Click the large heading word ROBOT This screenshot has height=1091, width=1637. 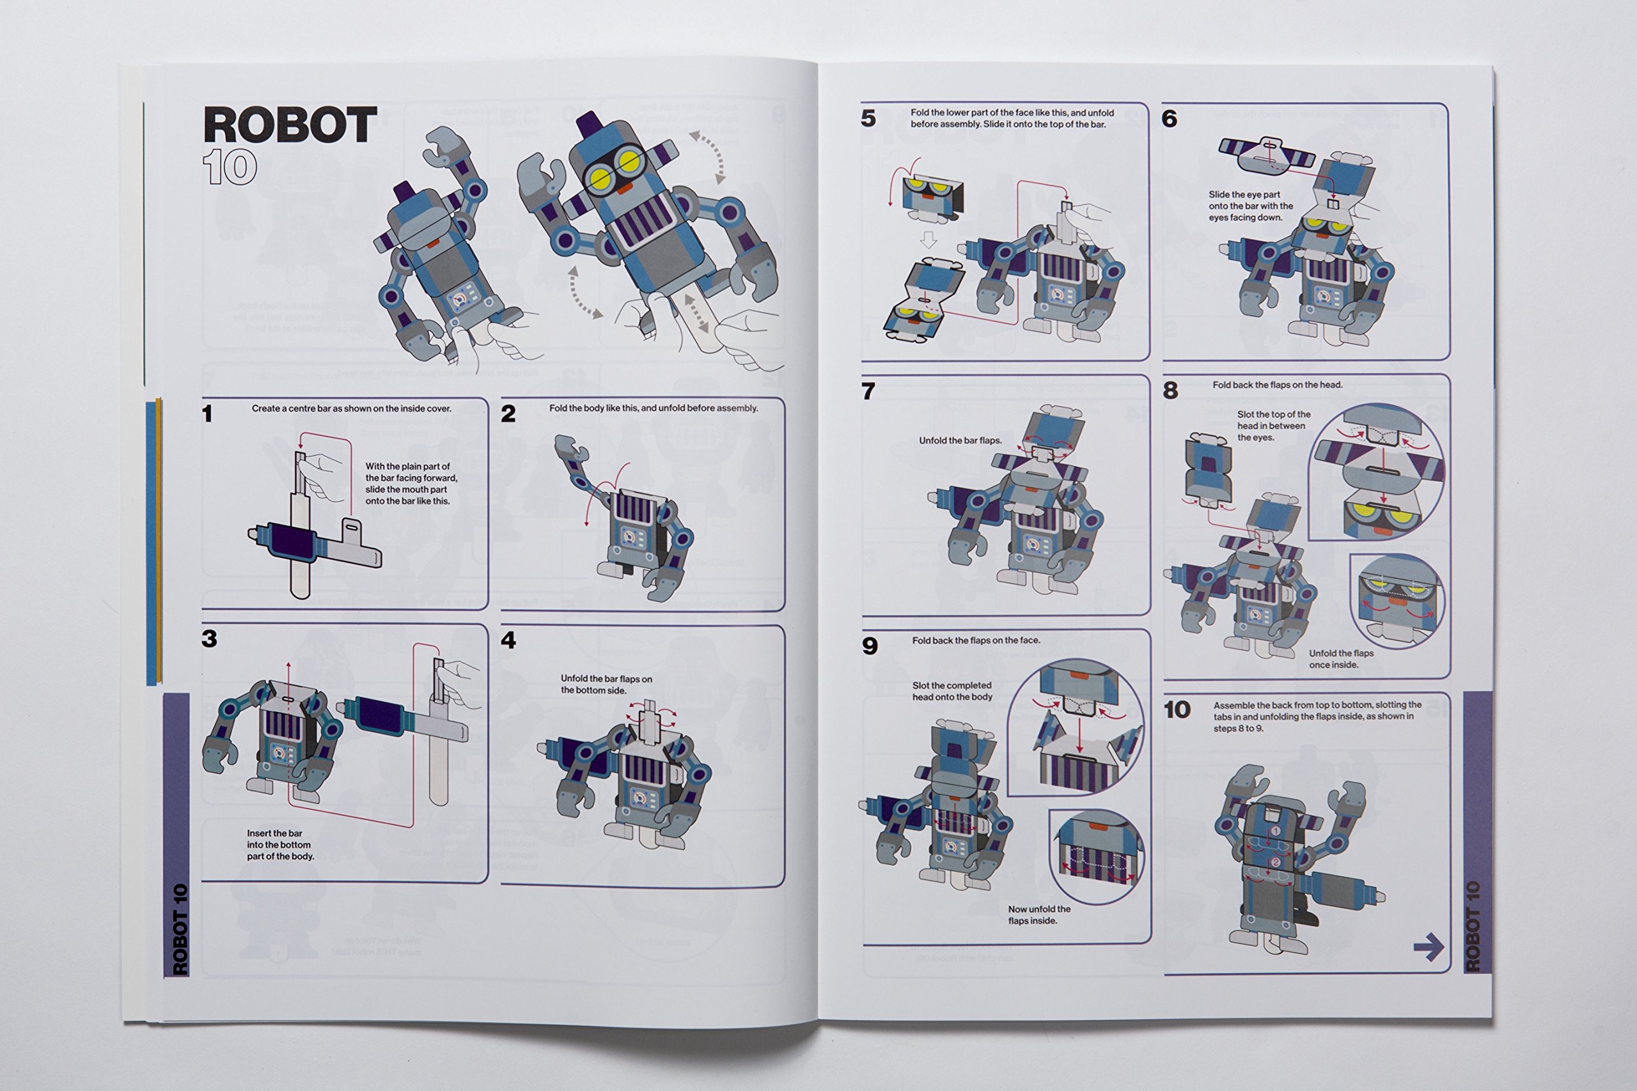click(x=290, y=125)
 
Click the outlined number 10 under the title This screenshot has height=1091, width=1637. click(x=230, y=167)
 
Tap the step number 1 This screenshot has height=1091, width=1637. click(x=207, y=414)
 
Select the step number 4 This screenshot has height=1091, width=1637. click(x=508, y=640)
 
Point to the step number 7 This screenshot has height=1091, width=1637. click(x=868, y=391)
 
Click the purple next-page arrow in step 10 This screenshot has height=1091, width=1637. click(x=1428, y=947)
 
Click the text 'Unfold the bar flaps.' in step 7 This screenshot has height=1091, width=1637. click(x=960, y=440)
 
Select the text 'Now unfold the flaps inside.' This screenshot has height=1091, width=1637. click(x=1038, y=915)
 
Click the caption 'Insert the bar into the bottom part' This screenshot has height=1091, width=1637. click(x=280, y=845)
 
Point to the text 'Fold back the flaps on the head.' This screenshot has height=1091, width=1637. click(x=1277, y=385)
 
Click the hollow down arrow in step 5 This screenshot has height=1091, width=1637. click(x=928, y=240)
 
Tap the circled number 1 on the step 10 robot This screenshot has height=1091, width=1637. click(x=1275, y=831)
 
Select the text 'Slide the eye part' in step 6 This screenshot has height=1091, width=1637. click(x=1244, y=195)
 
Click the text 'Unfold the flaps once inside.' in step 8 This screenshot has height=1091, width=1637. click(x=1340, y=659)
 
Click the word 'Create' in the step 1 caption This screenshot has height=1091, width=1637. click(x=266, y=408)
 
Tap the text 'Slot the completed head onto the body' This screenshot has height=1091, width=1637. click(x=952, y=691)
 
